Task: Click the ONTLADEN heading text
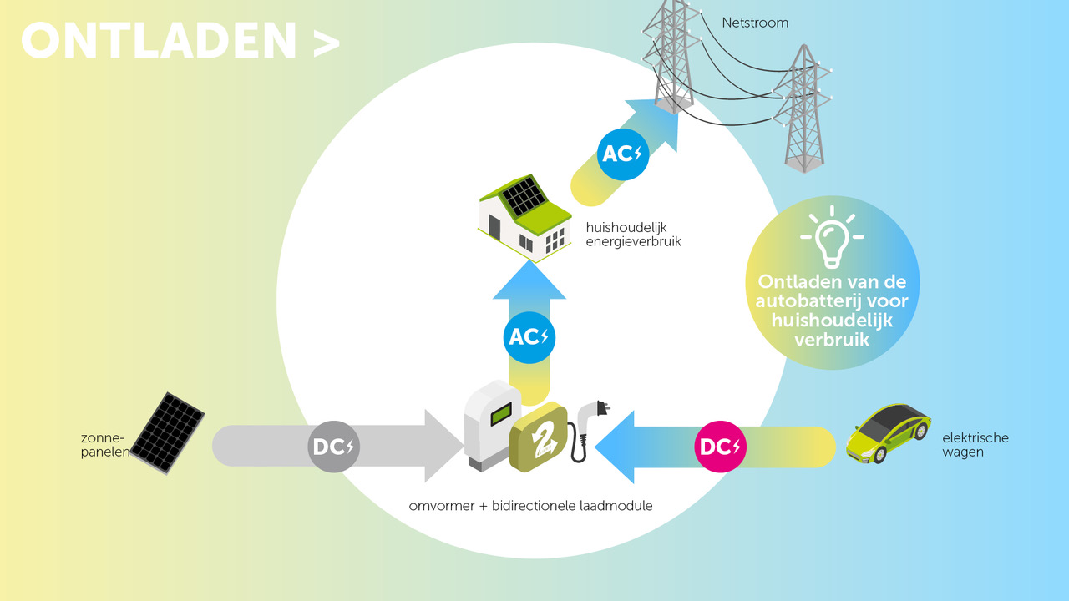pyautogui.click(x=159, y=41)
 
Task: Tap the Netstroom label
pyautogui.click(x=755, y=23)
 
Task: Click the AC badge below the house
pyautogui.click(x=529, y=337)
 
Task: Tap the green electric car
pyautogui.click(x=888, y=432)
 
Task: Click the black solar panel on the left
pyautogui.click(x=168, y=432)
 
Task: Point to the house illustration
pyautogui.click(x=523, y=220)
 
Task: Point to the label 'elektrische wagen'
pyautogui.click(x=975, y=445)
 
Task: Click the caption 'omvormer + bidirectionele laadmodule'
pyautogui.click(x=530, y=506)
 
